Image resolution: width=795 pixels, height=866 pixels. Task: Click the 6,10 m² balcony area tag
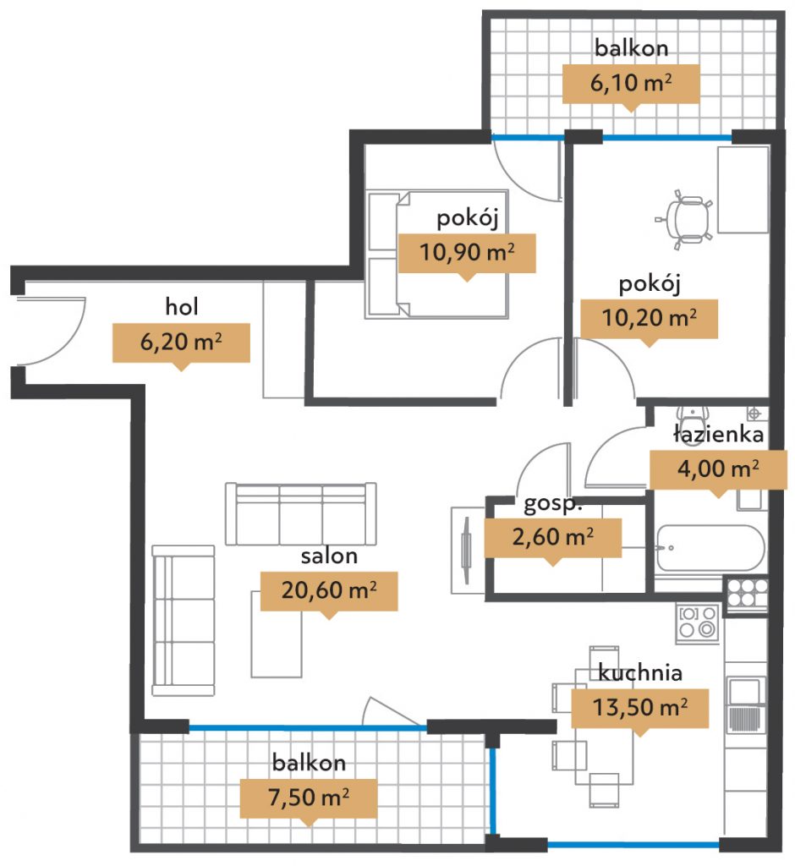[631, 84]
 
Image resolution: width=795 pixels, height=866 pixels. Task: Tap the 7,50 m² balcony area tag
[309, 798]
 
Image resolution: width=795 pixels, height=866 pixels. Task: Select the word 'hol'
[181, 306]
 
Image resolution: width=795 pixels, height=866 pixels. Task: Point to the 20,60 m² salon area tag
[329, 591]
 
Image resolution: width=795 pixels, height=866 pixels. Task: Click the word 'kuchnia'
[639, 672]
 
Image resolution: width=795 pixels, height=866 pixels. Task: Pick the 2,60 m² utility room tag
[553, 537]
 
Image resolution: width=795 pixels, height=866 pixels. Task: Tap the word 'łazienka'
[718, 434]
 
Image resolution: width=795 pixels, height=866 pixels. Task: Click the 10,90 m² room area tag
[467, 254]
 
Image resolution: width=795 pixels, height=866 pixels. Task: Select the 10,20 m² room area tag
[650, 319]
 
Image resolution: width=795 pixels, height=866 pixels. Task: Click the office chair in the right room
[685, 220]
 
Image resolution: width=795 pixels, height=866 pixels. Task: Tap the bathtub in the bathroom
[710, 548]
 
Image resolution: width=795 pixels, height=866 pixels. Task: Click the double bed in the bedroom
[436, 255]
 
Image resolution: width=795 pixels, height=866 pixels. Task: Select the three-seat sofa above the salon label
[301, 514]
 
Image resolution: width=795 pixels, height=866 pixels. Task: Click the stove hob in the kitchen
[697, 623]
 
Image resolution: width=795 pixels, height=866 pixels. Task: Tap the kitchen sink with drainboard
[746, 705]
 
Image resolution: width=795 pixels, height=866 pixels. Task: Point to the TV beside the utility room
[466, 550]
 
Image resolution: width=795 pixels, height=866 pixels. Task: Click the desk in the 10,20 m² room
[743, 189]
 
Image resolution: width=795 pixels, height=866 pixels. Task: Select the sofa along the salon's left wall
[183, 620]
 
